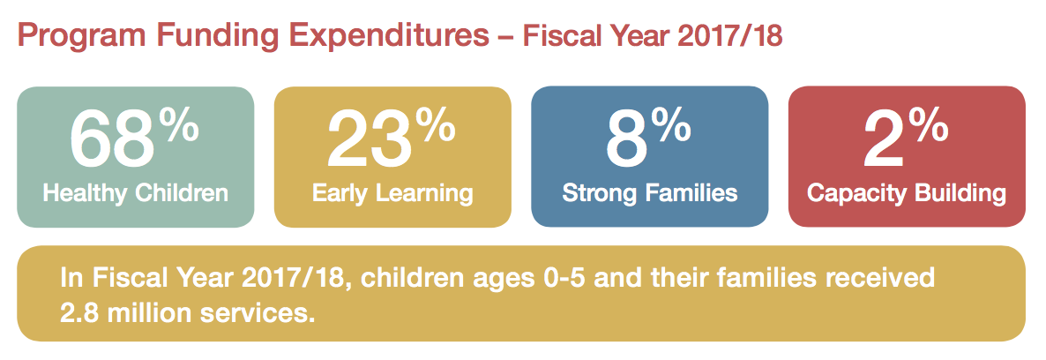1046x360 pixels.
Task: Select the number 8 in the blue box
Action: tap(627, 139)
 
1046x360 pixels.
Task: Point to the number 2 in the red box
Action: tap(884, 139)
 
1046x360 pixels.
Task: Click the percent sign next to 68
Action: tap(182, 125)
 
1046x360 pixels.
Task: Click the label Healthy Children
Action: tap(136, 194)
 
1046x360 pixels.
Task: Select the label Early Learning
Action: tap(393, 194)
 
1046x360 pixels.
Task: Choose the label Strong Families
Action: tap(650, 194)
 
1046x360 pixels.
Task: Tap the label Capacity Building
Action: tap(907, 194)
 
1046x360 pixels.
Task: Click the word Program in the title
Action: tap(81, 37)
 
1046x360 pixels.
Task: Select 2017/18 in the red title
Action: tap(729, 37)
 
